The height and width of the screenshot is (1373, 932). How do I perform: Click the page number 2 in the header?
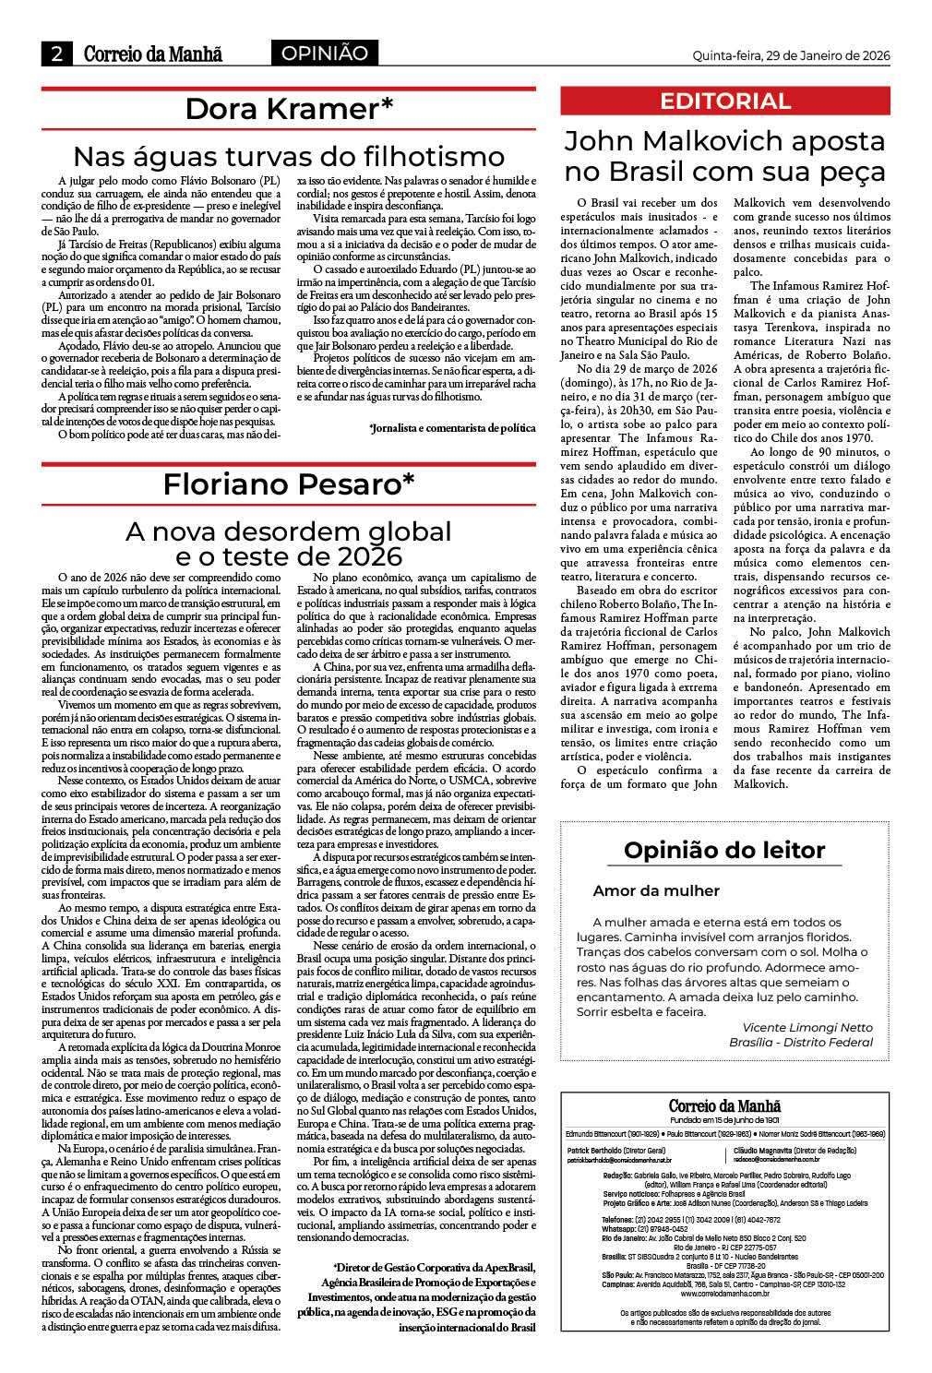(x=56, y=54)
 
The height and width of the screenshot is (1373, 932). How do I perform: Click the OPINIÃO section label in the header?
(x=324, y=54)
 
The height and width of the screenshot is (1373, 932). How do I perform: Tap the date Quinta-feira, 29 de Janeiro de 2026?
(x=791, y=55)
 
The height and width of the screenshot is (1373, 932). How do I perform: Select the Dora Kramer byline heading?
(x=289, y=109)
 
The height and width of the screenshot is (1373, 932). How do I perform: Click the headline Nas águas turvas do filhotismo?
(x=289, y=156)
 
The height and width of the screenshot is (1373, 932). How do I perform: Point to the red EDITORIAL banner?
(x=725, y=101)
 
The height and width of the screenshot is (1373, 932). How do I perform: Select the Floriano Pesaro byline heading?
(x=289, y=484)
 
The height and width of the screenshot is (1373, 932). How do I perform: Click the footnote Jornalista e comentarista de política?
(x=452, y=427)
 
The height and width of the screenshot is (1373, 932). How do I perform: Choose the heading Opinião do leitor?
(x=724, y=850)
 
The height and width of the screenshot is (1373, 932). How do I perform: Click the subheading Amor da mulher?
(x=656, y=890)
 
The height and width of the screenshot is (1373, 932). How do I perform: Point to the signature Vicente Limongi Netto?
(x=807, y=1027)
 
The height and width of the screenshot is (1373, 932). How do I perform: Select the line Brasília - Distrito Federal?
(x=800, y=1042)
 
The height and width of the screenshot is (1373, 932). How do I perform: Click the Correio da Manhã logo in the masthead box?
(x=724, y=1105)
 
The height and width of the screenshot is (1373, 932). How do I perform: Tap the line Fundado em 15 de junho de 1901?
(x=724, y=1120)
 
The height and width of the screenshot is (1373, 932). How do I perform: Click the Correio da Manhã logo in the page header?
(x=153, y=54)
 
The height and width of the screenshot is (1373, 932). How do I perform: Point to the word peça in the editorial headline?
(x=843, y=172)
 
